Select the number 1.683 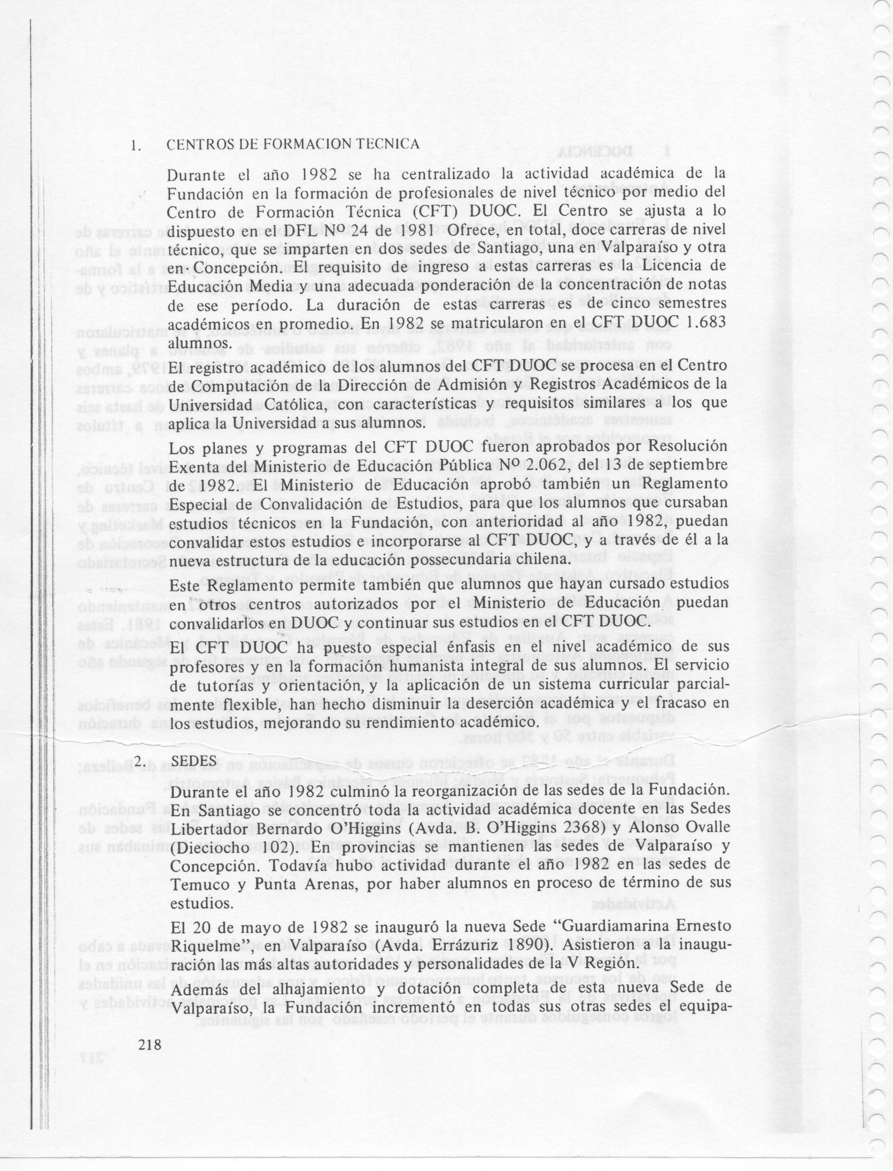click(704, 322)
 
